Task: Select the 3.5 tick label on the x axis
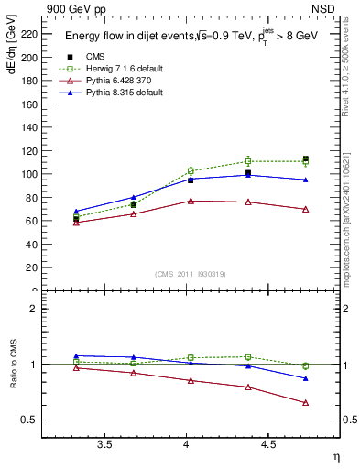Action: [x=104, y=444]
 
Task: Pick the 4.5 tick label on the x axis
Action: [x=267, y=444]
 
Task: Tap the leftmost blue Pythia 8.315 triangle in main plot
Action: [x=76, y=211]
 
